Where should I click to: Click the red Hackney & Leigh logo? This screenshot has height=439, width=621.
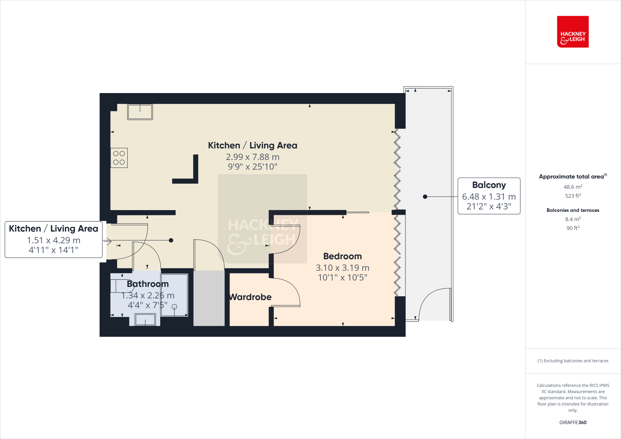coord(572,32)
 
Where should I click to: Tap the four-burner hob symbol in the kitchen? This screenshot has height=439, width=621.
coord(119,158)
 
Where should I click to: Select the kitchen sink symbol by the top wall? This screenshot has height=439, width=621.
coord(140,112)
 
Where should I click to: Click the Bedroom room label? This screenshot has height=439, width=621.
coord(342,256)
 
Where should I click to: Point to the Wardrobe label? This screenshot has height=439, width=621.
coord(250,297)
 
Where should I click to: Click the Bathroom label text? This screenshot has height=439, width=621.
coord(148,284)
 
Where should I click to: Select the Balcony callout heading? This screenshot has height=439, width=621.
coord(489,185)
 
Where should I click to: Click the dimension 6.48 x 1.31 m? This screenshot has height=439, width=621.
coord(489,197)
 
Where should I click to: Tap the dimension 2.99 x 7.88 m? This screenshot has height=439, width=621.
coord(253,157)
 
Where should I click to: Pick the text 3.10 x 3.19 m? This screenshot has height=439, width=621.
coord(342,268)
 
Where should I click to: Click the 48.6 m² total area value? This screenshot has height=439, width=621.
coord(572,187)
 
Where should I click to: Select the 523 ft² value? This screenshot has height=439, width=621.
coord(572,196)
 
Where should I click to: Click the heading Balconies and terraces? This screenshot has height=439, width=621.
coord(572,210)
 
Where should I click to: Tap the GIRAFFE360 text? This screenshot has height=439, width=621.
coord(572,422)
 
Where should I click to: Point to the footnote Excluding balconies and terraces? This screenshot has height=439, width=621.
coord(572,361)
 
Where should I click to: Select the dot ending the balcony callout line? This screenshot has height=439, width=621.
coord(425,197)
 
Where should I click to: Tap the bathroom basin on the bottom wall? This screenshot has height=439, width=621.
coord(145,320)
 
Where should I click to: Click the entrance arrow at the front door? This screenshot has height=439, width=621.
coord(107,242)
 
